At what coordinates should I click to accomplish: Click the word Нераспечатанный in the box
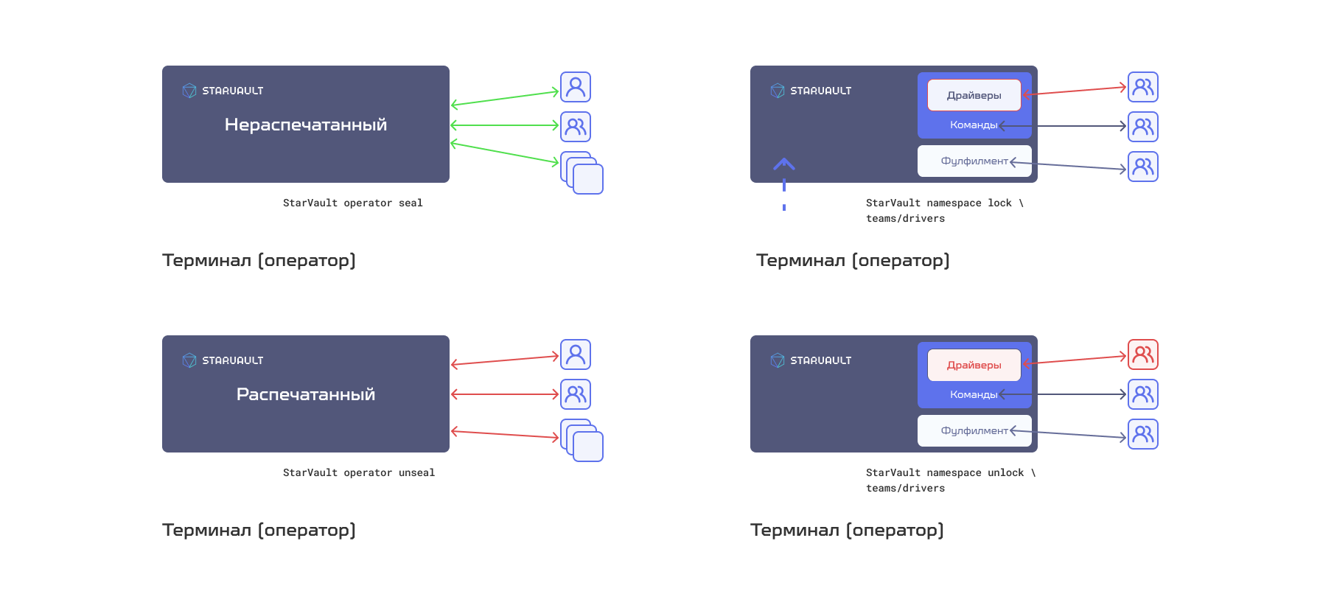[x=306, y=125]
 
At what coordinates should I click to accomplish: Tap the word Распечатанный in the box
[x=306, y=394]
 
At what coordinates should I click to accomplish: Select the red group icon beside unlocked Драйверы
[x=1143, y=354]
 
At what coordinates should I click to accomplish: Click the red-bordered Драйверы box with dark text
[x=974, y=95]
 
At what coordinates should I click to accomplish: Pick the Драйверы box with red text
[x=974, y=365]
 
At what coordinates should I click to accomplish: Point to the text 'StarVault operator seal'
[x=353, y=203]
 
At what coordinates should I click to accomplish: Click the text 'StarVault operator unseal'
[x=359, y=472]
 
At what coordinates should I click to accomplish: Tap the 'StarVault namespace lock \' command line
[x=945, y=203]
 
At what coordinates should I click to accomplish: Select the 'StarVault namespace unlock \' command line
[x=951, y=472]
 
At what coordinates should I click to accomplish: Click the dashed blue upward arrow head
[x=784, y=163]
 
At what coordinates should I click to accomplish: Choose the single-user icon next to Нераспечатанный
[x=576, y=87]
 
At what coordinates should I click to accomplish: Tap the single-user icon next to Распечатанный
[x=576, y=354]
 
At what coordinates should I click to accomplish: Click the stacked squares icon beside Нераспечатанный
[x=582, y=173]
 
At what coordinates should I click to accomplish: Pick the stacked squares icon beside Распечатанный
[x=582, y=441]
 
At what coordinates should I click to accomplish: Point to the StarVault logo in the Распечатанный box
[x=189, y=360]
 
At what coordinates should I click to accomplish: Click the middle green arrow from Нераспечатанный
[x=505, y=125]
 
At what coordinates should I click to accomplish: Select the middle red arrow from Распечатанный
[x=505, y=394]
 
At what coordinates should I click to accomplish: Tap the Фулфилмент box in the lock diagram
[x=974, y=161]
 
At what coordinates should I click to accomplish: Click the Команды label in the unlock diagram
[x=974, y=394]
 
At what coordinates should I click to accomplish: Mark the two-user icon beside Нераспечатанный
[x=576, y=127]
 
